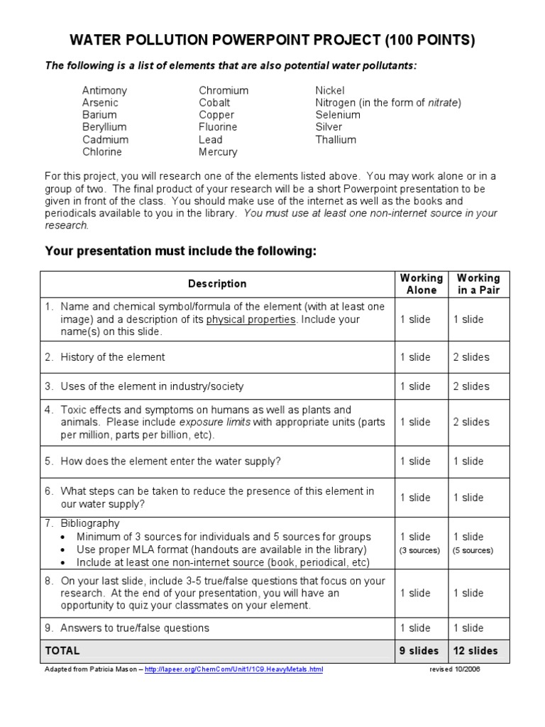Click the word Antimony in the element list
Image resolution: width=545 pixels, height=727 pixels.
tap(104, 90)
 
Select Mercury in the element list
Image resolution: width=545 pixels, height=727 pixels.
tap(218, 151)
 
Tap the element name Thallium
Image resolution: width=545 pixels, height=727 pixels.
tap(336, 139)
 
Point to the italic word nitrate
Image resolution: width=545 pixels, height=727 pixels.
tap(443, 102)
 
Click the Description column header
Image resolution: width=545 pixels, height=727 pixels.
tap(217, 284)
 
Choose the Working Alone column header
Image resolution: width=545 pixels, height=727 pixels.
tap(421, 284)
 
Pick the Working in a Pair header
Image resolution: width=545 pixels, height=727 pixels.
tap(478, 284)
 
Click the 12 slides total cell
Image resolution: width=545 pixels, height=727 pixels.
tap(475, 650)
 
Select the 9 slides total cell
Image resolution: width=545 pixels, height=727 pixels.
tap(419, 650)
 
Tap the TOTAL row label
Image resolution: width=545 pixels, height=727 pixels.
tap(62, 650)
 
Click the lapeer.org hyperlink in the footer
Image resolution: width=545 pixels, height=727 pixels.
tap(233, 669)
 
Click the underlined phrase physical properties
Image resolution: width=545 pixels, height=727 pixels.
tap(251, 319)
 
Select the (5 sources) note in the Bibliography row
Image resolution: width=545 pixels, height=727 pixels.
tap(473, 550)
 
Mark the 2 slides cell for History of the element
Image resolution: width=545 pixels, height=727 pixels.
tap(471, 357)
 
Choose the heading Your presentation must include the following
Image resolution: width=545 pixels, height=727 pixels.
tap(181, 251)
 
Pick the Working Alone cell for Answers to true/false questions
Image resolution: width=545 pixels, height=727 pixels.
tap(415, 628)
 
